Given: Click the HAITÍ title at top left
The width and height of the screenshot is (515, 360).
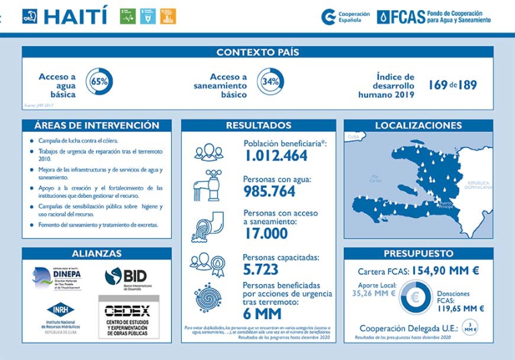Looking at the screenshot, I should pos(74,16).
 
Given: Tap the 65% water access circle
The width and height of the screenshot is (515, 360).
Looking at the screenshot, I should pos(99,81).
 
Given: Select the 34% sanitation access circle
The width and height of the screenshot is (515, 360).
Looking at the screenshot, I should pos(270,81).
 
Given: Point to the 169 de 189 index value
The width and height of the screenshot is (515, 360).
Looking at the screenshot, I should pos(453,85).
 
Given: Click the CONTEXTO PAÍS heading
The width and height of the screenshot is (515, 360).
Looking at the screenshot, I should pos(257,52).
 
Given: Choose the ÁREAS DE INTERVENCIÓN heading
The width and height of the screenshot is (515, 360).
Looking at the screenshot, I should pos(97,125).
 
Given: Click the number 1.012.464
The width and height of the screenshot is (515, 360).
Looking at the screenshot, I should pos(276,156).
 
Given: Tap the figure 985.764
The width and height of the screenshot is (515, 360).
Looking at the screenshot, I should pos(269,192).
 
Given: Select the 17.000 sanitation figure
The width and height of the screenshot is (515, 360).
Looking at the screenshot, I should pos(266,233).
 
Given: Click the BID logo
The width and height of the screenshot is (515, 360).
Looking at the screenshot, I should pos(128,276).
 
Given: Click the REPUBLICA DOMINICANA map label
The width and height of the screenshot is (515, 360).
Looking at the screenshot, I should pos(479,184).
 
